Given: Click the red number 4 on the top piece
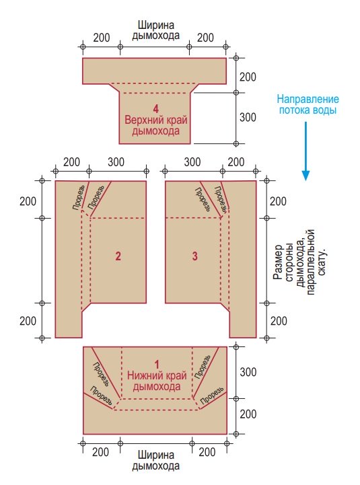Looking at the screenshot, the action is pos(155,108).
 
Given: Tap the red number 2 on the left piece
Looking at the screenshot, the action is pos(118,256).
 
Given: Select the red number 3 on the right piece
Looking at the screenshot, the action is pos(194,256).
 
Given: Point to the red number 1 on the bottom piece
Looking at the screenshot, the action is pos(157,365).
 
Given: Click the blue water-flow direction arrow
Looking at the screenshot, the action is pos(305,151).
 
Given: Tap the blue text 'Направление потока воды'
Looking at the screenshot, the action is pos(308,104).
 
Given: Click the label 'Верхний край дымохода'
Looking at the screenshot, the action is pos(156,125).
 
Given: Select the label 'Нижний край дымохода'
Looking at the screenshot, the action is pos(157,381).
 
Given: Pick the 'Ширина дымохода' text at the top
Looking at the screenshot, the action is pos(155,30).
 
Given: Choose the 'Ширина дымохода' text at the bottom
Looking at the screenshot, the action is pos(155,460).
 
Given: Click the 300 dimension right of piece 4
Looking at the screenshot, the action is pos(248,117).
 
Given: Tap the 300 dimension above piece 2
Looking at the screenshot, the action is pos(116,162).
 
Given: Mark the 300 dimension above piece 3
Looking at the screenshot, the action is pos(192,162).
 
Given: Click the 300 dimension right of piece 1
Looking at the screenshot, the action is pos(248,372).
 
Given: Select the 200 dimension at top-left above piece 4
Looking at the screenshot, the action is pos(102,38).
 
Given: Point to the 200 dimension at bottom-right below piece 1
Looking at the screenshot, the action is pos(207,452).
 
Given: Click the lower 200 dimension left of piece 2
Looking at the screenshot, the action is pos(28,321).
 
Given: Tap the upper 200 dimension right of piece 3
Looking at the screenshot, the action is pos(278,201).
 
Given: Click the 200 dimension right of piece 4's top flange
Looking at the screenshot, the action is pos(248,77).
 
